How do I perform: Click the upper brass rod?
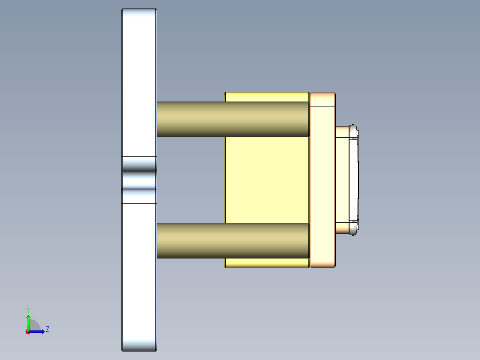coord(232,119)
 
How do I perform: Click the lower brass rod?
coord(232,241)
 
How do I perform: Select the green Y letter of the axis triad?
coord(28,309)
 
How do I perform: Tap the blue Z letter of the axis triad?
coord(47,329)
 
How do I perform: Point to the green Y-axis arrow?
coord(28,322)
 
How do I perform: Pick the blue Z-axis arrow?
coord(38,331)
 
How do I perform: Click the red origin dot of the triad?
coord(28,332)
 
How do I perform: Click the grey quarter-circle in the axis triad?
coord(35,326)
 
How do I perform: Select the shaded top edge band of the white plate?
coord(139,16)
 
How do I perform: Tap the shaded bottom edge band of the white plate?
coord(139,344)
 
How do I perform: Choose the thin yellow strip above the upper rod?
coord(266,96)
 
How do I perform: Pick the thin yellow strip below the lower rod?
coord(266,263)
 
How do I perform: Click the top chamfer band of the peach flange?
coord(322,99)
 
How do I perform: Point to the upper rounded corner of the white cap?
coord(354,130)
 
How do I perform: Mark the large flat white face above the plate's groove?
coord(139,89)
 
